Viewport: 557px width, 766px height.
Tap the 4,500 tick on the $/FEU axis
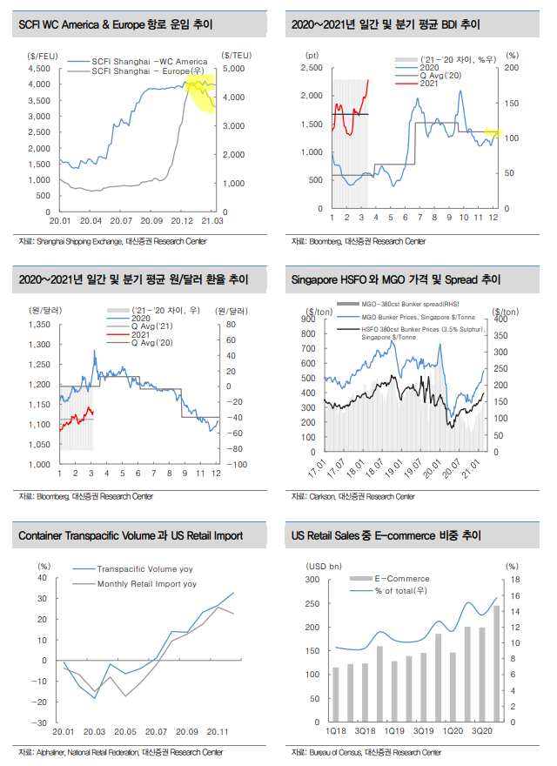pos(37,68)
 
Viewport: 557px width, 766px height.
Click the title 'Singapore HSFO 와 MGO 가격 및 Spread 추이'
pos(396,280)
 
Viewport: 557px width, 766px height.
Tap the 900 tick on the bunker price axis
pos(312,319)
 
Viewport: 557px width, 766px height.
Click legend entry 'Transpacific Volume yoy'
pos(144,567)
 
